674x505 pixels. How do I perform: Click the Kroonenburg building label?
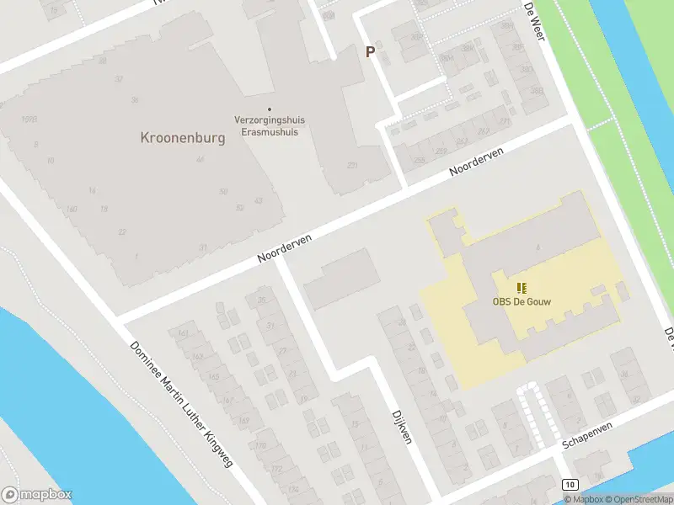183,138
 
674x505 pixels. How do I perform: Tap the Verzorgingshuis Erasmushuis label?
270,125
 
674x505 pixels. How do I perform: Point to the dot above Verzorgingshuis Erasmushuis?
270,109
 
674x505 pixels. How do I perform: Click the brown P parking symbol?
370,52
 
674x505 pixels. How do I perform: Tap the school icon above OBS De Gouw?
522,288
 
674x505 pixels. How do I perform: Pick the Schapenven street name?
587,435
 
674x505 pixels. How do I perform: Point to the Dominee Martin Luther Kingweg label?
181,405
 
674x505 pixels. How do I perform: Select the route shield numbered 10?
570,486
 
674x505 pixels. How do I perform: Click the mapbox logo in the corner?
37,495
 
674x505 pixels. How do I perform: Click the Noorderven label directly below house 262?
476,162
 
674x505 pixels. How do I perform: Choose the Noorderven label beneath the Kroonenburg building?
285,250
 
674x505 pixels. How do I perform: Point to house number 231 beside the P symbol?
351,166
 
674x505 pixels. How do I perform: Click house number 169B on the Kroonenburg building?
29,120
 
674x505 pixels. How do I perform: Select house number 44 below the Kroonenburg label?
200,160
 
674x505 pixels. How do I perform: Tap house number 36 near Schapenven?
624,375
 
